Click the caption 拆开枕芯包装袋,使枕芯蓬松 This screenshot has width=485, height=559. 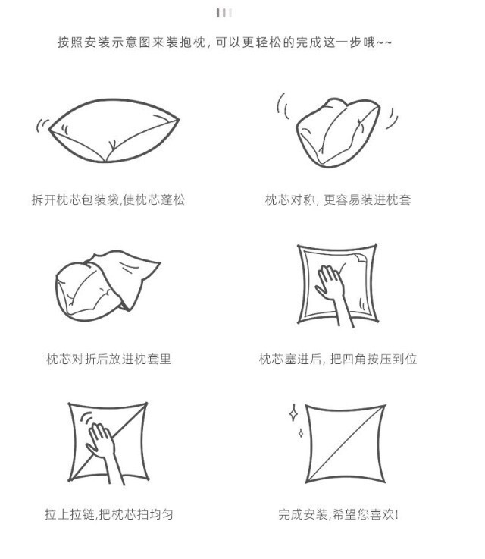coord(108,199)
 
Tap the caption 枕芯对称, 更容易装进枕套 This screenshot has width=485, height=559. coord(338,199)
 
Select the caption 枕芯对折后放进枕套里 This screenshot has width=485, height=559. coord(108,359)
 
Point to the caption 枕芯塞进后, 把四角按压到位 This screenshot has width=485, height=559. coord(338,359)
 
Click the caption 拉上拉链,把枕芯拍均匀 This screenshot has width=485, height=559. coord(108,514)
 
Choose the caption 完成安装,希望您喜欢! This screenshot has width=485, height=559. coord(338,514)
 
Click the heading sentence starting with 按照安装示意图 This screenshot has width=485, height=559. coord(225,42)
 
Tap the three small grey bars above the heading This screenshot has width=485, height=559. coord(224,13)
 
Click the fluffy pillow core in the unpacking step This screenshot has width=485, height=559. coord(114,130)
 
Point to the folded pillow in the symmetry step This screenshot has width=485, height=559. coord(337,133)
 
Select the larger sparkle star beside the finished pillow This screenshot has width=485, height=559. coord(293,413)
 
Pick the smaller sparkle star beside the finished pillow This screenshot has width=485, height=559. coord(301,433)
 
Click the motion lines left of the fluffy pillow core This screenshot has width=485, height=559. coord(42,125)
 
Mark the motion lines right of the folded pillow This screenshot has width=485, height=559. coord(392,118)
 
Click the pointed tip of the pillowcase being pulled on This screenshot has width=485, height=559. coord(160,263)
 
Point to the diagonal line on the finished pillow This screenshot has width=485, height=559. coord(346,444)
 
